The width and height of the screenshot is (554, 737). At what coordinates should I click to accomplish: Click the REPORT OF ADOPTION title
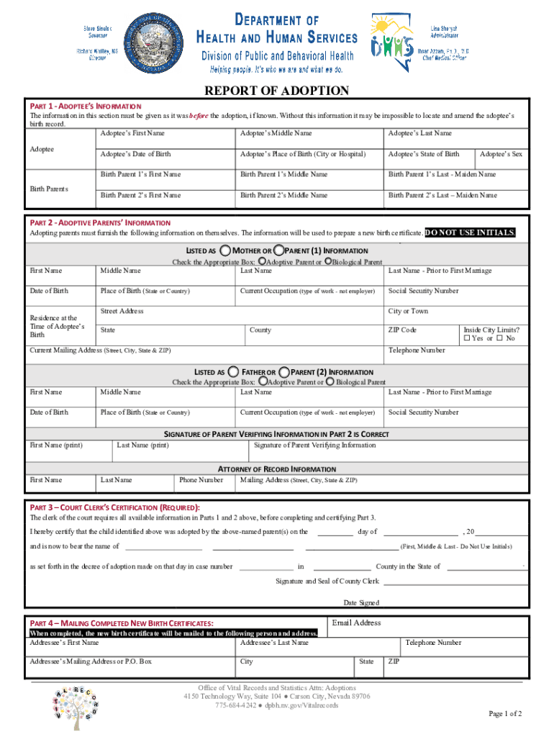pos(277,91)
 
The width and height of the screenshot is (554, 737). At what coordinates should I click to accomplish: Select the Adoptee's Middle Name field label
pos(276,133)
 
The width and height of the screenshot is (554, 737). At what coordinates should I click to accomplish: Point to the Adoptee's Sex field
pos(501,154)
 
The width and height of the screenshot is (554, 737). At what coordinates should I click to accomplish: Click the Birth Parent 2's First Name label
pos(140,195)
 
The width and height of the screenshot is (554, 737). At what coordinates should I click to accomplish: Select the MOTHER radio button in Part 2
pos(225,250)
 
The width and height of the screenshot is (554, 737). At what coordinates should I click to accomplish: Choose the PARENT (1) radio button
pos(278,250)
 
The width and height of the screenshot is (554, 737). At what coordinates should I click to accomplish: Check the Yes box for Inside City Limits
pos(467,338)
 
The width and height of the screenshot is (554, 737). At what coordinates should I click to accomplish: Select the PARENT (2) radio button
pos(285,371)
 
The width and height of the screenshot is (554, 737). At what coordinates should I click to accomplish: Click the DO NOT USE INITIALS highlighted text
pos(471,232)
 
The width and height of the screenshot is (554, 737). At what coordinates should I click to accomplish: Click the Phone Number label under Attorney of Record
pos(201,480)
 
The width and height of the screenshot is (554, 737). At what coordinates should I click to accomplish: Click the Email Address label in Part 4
pos(356,623)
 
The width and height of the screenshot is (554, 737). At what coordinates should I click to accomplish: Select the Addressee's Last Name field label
pos(274,643)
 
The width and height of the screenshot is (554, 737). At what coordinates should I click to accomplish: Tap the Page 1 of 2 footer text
pos(505,713)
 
